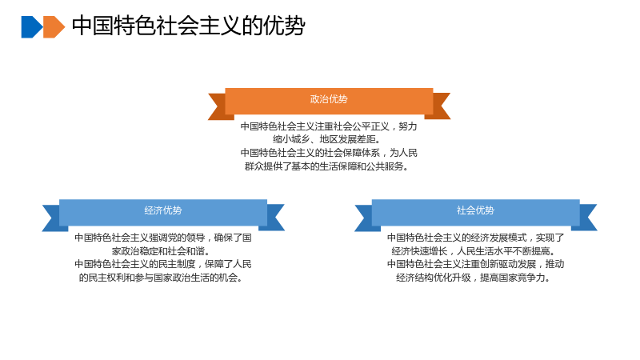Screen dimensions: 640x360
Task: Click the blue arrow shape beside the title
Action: pos(32,27)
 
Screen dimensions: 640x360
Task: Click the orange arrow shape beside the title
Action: pos(54,27)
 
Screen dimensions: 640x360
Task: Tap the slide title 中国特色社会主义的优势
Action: pos(189,26)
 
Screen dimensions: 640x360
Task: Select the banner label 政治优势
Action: pos(329,99)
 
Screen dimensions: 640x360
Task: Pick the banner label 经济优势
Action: pos(163,210)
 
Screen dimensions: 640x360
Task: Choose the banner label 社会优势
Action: pos(475,210)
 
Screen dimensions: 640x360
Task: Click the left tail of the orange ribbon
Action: pos(218,106)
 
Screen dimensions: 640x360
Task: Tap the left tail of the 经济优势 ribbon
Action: pos(52,218)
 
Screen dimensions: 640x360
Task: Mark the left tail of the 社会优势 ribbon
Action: pos(365,218)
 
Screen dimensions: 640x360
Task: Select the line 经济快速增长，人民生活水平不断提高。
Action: pos(475,251)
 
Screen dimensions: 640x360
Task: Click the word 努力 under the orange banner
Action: pos(408,126)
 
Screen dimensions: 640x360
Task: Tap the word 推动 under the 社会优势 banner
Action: pos(555,264)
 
